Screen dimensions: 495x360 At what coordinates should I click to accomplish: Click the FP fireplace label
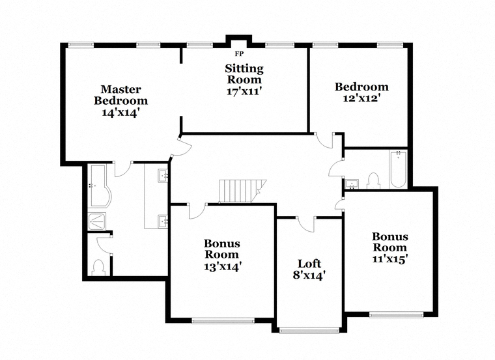coord(239,54)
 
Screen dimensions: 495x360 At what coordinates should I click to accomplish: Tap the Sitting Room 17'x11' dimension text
coord(245,92)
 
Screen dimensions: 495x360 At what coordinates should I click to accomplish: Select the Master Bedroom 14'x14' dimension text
coord(120,113)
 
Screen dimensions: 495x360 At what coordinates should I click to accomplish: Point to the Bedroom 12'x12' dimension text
coord(361,98)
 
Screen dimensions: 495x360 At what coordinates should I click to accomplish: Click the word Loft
coord(309,264)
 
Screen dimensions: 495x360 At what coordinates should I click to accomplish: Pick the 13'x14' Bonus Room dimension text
coord(223,267)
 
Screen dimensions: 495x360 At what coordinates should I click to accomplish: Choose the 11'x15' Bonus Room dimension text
coord(390,259)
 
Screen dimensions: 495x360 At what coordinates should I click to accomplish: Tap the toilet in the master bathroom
coord(98,268)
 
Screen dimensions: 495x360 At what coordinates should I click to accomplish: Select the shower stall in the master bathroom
coord(97,221)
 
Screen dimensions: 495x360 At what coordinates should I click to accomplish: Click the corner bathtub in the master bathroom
coord(100,186)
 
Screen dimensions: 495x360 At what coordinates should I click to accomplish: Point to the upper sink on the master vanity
coord(163,176)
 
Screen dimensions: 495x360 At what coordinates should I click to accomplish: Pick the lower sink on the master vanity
coord(163,221)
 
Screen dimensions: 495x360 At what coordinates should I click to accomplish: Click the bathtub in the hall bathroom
coord(399,170)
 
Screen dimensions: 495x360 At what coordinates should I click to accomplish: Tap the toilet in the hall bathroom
coord(374,181)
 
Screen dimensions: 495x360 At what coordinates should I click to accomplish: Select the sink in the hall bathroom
coord(352,184)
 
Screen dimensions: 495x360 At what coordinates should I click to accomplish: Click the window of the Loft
coord(309,330)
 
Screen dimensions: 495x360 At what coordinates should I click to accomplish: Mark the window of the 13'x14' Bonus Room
coord(223,320)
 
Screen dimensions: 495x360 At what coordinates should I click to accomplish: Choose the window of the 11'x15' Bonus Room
coord(396,314)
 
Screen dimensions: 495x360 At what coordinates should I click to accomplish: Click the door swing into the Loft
coord(305,225)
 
